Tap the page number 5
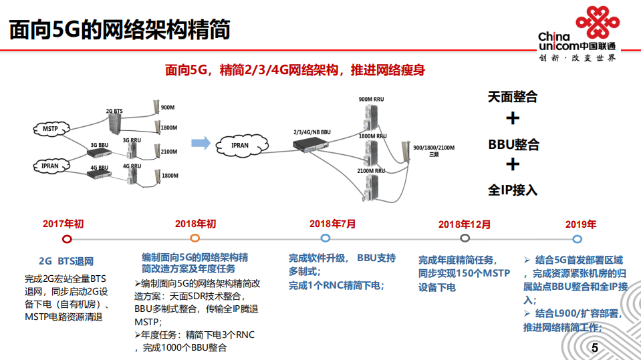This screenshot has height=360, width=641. point(594,349)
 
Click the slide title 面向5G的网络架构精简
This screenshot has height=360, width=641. point(120,30)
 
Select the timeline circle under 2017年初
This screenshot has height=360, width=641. point(66,238)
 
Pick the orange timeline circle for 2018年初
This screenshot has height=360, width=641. point(195,238)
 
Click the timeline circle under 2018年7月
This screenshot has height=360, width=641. point(325,238)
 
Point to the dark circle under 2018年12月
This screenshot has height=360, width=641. point(465,238)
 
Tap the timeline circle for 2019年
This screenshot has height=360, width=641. point(577,238)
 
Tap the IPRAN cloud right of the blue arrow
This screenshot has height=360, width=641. point(240,144)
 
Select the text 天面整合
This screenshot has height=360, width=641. point(512,97)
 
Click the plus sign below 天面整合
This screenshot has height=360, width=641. point(513,119)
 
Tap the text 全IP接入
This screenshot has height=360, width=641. point(512,190)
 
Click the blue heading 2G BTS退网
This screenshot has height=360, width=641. point(66,260)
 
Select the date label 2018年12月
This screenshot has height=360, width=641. point(464,224)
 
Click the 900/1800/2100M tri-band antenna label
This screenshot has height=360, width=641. point(434,150)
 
